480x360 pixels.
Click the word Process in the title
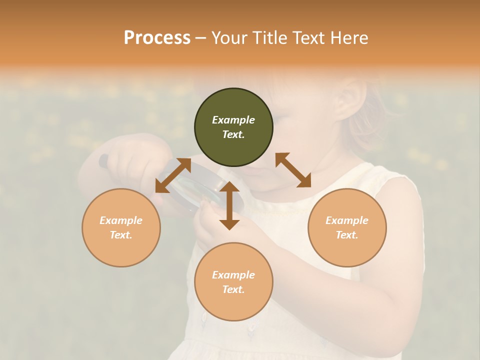(157, 38)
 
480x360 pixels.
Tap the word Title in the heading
(268, 38)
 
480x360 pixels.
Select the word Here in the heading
(349, 38)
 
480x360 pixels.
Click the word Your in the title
(228, 38)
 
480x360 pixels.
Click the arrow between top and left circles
(173, 175)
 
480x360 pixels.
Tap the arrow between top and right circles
(293, 170)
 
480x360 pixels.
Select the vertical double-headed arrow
(229, 205)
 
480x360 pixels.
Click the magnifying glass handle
(103, 161)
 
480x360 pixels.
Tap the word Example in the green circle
(233, 120)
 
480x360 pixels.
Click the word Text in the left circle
(121, 235)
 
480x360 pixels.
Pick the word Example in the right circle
(347, 220)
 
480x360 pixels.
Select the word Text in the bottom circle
(233, 289)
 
